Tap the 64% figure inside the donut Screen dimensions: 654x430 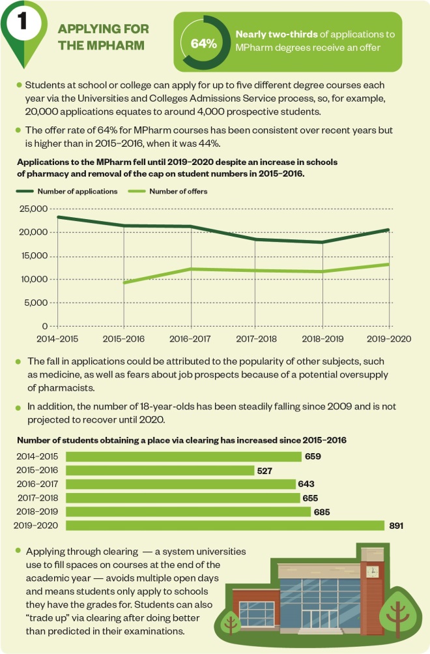point(203,43)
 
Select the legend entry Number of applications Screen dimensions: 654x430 point(77,191)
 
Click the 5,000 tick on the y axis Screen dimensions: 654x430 point(38,303)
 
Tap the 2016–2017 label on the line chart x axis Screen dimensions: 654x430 point(190,339)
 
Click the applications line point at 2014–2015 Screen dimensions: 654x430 point(58,217)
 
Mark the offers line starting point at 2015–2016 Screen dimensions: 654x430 point(124,282)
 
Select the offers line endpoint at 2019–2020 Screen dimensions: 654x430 point(389,264)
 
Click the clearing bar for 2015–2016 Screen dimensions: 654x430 point(160,470)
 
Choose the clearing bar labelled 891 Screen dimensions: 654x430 point(225,525)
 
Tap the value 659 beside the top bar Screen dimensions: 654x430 point(313,456)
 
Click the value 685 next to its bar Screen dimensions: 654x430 point(322,511)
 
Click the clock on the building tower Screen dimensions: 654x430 point(373,571)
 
